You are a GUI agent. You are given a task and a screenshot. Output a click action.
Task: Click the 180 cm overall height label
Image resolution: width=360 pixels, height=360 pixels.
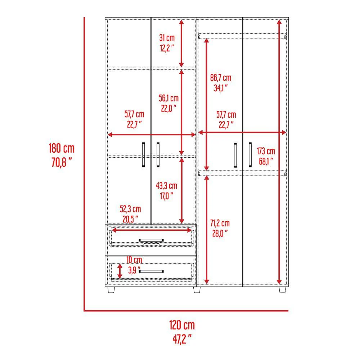click(x=62, y=148)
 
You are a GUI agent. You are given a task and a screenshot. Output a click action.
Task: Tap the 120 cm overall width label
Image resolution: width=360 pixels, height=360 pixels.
click(x=182, y=325)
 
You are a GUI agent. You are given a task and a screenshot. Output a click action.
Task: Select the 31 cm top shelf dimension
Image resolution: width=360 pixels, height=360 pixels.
click(x=167, y=38)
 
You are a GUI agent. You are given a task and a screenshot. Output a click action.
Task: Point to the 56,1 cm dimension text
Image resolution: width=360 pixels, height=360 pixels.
click(x=169, y=98)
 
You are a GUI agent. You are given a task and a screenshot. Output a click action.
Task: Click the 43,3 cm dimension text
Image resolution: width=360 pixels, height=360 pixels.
click(x=166, y=186)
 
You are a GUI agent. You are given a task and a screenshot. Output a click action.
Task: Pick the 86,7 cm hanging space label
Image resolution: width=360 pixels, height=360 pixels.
click(x=221, y=78)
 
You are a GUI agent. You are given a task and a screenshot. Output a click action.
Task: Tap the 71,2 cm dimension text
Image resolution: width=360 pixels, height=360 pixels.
click(x=220, y=223)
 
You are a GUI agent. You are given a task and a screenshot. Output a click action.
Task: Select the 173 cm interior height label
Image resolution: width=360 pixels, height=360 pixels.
click(x=266, y=151)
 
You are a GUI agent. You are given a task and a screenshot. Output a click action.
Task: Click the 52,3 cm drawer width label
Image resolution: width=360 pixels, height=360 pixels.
click(x=130, y=209)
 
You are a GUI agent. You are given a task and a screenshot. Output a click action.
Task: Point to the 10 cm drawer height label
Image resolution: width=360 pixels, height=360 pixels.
click(x=134, y=260)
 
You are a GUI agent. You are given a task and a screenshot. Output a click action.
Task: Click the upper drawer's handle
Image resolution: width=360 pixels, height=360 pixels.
click(x=151, y=240)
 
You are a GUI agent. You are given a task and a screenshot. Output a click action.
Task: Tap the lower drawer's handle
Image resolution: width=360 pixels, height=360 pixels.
click(x=151, y=271)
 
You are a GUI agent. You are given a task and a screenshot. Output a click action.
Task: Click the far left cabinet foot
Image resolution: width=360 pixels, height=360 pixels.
click(x=111, y=289)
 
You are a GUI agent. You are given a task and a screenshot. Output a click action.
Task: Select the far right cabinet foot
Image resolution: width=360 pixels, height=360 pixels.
click(x=282, y=289)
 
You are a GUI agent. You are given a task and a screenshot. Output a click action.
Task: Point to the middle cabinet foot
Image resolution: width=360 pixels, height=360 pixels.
click(x=197, y=289)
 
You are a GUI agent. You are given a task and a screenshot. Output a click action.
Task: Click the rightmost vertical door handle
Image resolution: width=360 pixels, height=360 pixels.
click(x=250, y=155)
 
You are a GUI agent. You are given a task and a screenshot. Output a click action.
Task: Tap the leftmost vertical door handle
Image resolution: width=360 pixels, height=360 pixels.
click(x=144, y=154)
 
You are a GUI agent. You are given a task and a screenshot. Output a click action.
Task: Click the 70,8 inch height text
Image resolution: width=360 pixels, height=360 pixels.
click(x=61, y=162)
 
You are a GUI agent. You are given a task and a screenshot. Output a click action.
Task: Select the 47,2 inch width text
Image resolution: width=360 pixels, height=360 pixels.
click(x=182, y=339)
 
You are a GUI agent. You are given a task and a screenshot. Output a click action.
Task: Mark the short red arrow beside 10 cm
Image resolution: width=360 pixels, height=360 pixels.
click(x=120, y=271)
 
